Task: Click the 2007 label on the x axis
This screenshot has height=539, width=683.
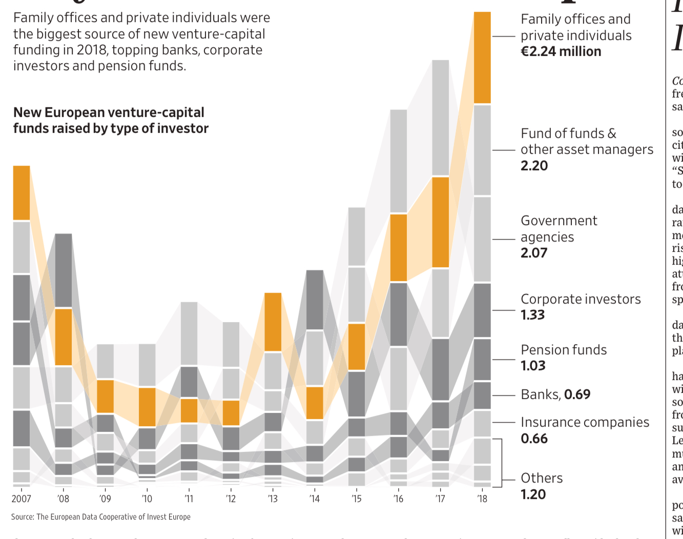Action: coord(22,498)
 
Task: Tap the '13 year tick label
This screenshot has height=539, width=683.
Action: coord(273,498)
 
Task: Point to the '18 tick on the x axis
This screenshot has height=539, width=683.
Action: coord(482,498)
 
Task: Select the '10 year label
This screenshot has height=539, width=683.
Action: coord(147,498)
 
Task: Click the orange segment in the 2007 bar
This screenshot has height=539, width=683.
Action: coord(22,193)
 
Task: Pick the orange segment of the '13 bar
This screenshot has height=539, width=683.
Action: coord(273,322)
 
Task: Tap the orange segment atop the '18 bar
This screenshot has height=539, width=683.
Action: coord(482,57)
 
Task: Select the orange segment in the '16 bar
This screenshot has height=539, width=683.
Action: coord(399,247)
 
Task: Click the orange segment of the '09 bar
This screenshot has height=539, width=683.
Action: coord(105,396)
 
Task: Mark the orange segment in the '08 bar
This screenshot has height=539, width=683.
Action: coord(64,336)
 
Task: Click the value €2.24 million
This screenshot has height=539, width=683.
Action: coord(561,52)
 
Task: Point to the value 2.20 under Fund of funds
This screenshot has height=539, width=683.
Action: coord(534,166)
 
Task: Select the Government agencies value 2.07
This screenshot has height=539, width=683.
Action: coord(534,253)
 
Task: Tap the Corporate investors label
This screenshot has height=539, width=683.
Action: coord(581,300)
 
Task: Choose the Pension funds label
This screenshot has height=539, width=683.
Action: coord(564,350)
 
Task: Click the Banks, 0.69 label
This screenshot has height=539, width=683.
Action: coord(555,394)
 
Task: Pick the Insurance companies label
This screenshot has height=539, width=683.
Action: coord(585,423)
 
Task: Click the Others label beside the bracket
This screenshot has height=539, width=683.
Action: coord(542,478)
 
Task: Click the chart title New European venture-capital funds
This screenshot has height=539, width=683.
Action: coord(111,121)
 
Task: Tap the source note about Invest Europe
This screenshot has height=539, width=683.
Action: coord(101,517)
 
